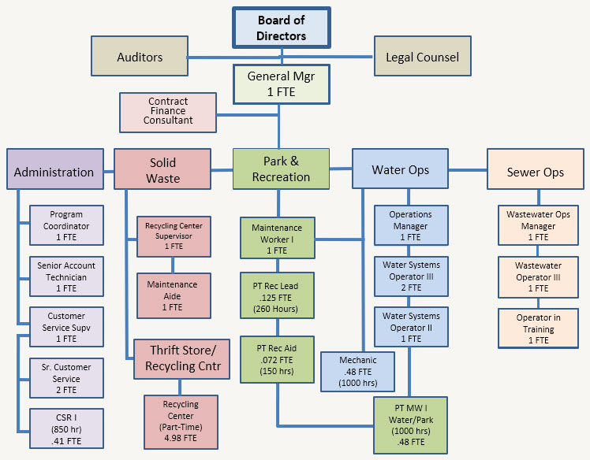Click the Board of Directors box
coord(282,28)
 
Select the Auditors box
coord(140,57)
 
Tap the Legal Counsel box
coord(422,57)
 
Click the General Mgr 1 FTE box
coord(282,84)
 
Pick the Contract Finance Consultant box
coord(168,112)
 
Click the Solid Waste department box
coord(162,169)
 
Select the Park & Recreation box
coord(281,169)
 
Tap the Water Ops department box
coord(399,169)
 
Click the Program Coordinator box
coord(66,226)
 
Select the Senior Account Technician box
coord(66,277)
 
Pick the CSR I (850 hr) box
coord(66,428)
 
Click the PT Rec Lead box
coord(277,294)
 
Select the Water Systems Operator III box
coord(410,276)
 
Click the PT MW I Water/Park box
coord(410,425)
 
